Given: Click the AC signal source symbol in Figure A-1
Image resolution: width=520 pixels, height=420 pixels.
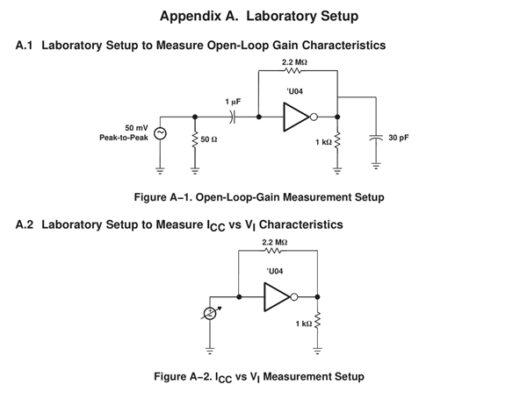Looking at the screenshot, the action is coord(160,133).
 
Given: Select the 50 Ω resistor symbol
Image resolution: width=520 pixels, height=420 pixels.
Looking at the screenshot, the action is coord(195,140).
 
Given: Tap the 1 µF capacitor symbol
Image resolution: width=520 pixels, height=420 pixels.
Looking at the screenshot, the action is coord(233,117).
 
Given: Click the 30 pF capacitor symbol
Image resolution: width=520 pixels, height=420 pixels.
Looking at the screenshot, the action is coord(376,138).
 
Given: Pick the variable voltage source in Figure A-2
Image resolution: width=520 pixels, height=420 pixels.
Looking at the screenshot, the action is coord(210,313).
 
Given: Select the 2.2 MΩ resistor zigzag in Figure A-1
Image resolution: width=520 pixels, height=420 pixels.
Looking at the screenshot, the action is coord(292,70).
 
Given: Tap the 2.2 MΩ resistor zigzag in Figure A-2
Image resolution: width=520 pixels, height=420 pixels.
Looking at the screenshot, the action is coord(273,251).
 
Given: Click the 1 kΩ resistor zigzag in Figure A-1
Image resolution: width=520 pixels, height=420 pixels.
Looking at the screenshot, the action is coord(337,140).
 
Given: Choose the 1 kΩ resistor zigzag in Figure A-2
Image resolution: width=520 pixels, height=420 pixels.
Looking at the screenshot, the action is coord(317,320).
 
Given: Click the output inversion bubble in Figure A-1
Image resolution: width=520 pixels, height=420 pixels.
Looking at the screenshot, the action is coord(314,117).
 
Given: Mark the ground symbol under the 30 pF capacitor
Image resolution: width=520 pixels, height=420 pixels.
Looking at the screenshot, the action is coord(376,166).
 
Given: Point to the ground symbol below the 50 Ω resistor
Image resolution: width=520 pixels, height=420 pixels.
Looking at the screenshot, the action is coord(195,171).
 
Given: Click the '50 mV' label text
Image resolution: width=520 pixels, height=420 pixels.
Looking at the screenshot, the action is coord(136,128).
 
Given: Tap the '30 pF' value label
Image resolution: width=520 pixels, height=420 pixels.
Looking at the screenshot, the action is coord(399,138).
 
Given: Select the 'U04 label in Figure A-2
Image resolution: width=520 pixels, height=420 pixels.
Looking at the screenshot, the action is coord(275,272).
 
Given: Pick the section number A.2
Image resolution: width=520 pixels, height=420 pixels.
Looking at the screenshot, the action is coord(25,224).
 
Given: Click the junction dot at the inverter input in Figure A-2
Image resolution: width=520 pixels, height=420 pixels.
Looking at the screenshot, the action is coord(239,297).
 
